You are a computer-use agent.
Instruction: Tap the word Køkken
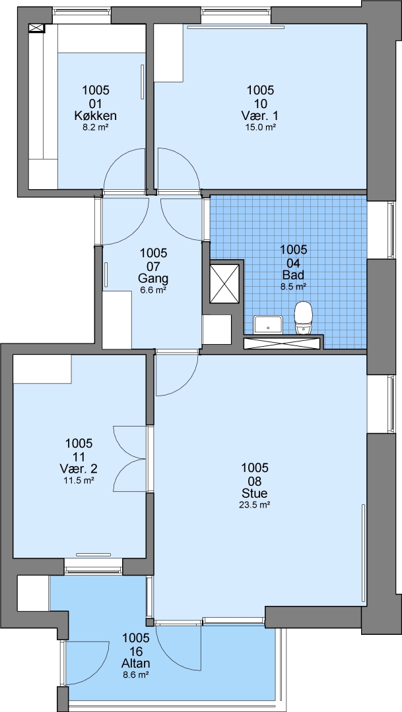[96, 116]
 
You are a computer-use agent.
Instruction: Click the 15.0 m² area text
[261, 127]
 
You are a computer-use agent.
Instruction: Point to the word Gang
[154, 278]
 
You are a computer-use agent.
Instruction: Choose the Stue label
[254, 493]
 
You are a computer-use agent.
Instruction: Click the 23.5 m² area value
[255, 503]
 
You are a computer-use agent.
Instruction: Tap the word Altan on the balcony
[136, 664]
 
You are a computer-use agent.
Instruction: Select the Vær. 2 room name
[79, 468]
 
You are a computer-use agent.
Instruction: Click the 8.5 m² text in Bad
[294, 286]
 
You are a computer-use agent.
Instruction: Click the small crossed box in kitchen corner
[37, 28]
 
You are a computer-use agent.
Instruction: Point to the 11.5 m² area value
[79, 479]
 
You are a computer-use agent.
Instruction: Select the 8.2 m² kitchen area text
[96, 127]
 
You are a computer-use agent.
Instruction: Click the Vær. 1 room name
[261, 116]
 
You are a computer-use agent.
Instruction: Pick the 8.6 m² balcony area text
[136, 675]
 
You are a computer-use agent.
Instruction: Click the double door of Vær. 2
[131, 459]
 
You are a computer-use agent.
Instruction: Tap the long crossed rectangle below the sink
[283, 343]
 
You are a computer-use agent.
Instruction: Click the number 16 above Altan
[136, 651]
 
